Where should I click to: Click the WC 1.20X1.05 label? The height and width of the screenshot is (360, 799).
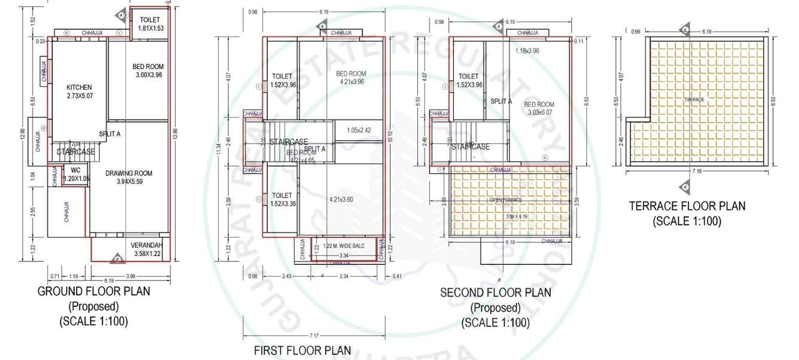click(x=75, y=174)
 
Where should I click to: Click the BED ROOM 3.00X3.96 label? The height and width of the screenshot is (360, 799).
click(x=148, y=71)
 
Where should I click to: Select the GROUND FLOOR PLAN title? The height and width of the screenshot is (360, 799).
click(x=94, y=291)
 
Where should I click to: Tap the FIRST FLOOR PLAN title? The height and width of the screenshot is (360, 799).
click(x=303, y=350)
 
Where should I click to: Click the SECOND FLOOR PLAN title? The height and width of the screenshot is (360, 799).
click(x=495, y=293)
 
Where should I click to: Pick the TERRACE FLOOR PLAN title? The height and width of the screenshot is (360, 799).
click(x=687, y=206)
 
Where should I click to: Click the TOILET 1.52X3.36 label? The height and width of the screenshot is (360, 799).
click(x=282, y=199)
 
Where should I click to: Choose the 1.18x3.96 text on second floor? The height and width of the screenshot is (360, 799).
click(x=527, y=51)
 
